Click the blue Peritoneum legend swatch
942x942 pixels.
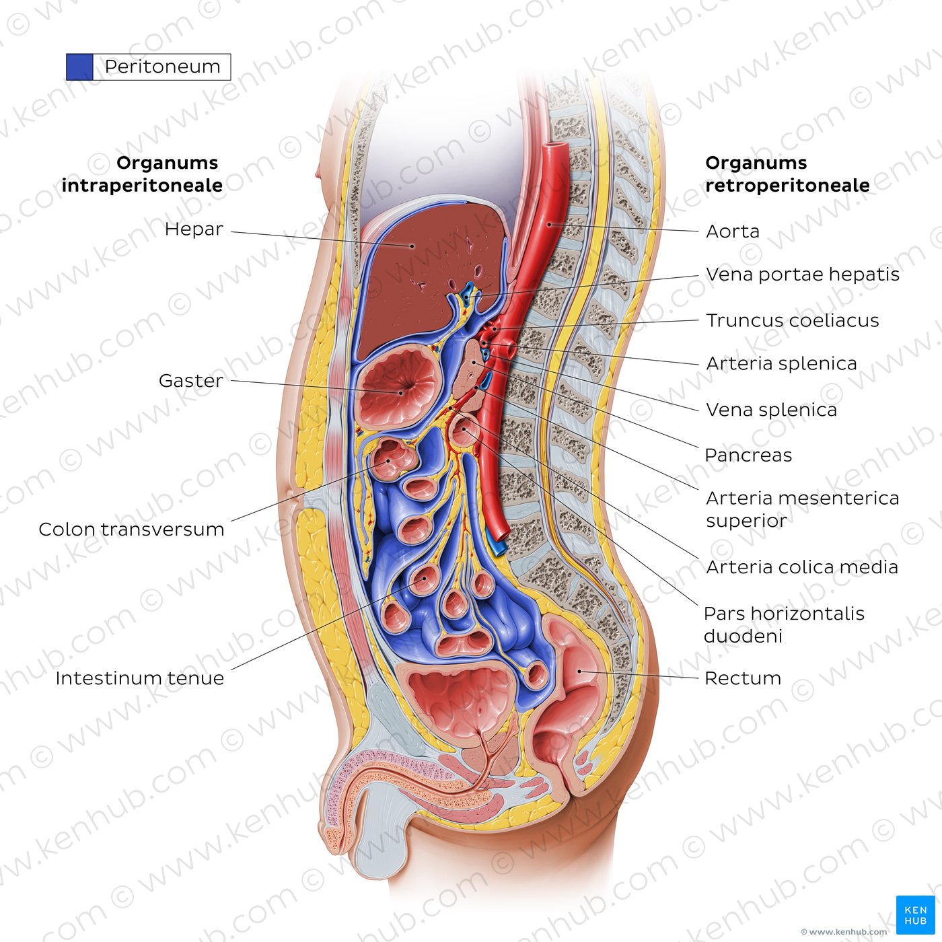(x=79, y=67)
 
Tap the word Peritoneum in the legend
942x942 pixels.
(x=162, y=67)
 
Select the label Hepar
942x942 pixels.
(x=194, y=229)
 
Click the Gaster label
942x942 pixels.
(x=190, y=381)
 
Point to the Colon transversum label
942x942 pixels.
(x=131, y=530)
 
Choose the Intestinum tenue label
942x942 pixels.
(x=139, y=678)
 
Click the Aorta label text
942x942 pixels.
(x=732, y=231)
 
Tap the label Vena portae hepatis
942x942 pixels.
(x=802, y=275)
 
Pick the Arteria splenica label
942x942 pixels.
(x=781, y=364)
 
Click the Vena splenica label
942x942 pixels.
(x=771, y=410)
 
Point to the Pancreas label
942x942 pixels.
(x=748, y=456)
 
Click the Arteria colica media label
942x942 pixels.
(x=801, y=567)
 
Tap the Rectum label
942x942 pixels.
(x=743, y=678)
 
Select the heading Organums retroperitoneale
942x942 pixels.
(x=787, y=174)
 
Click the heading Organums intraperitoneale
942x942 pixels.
(x=142, y=174)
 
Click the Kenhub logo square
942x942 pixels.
(x=915, y=915)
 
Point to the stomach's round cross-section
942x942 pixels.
(x=398, y=386)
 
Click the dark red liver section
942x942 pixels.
(x=430, y=274)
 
